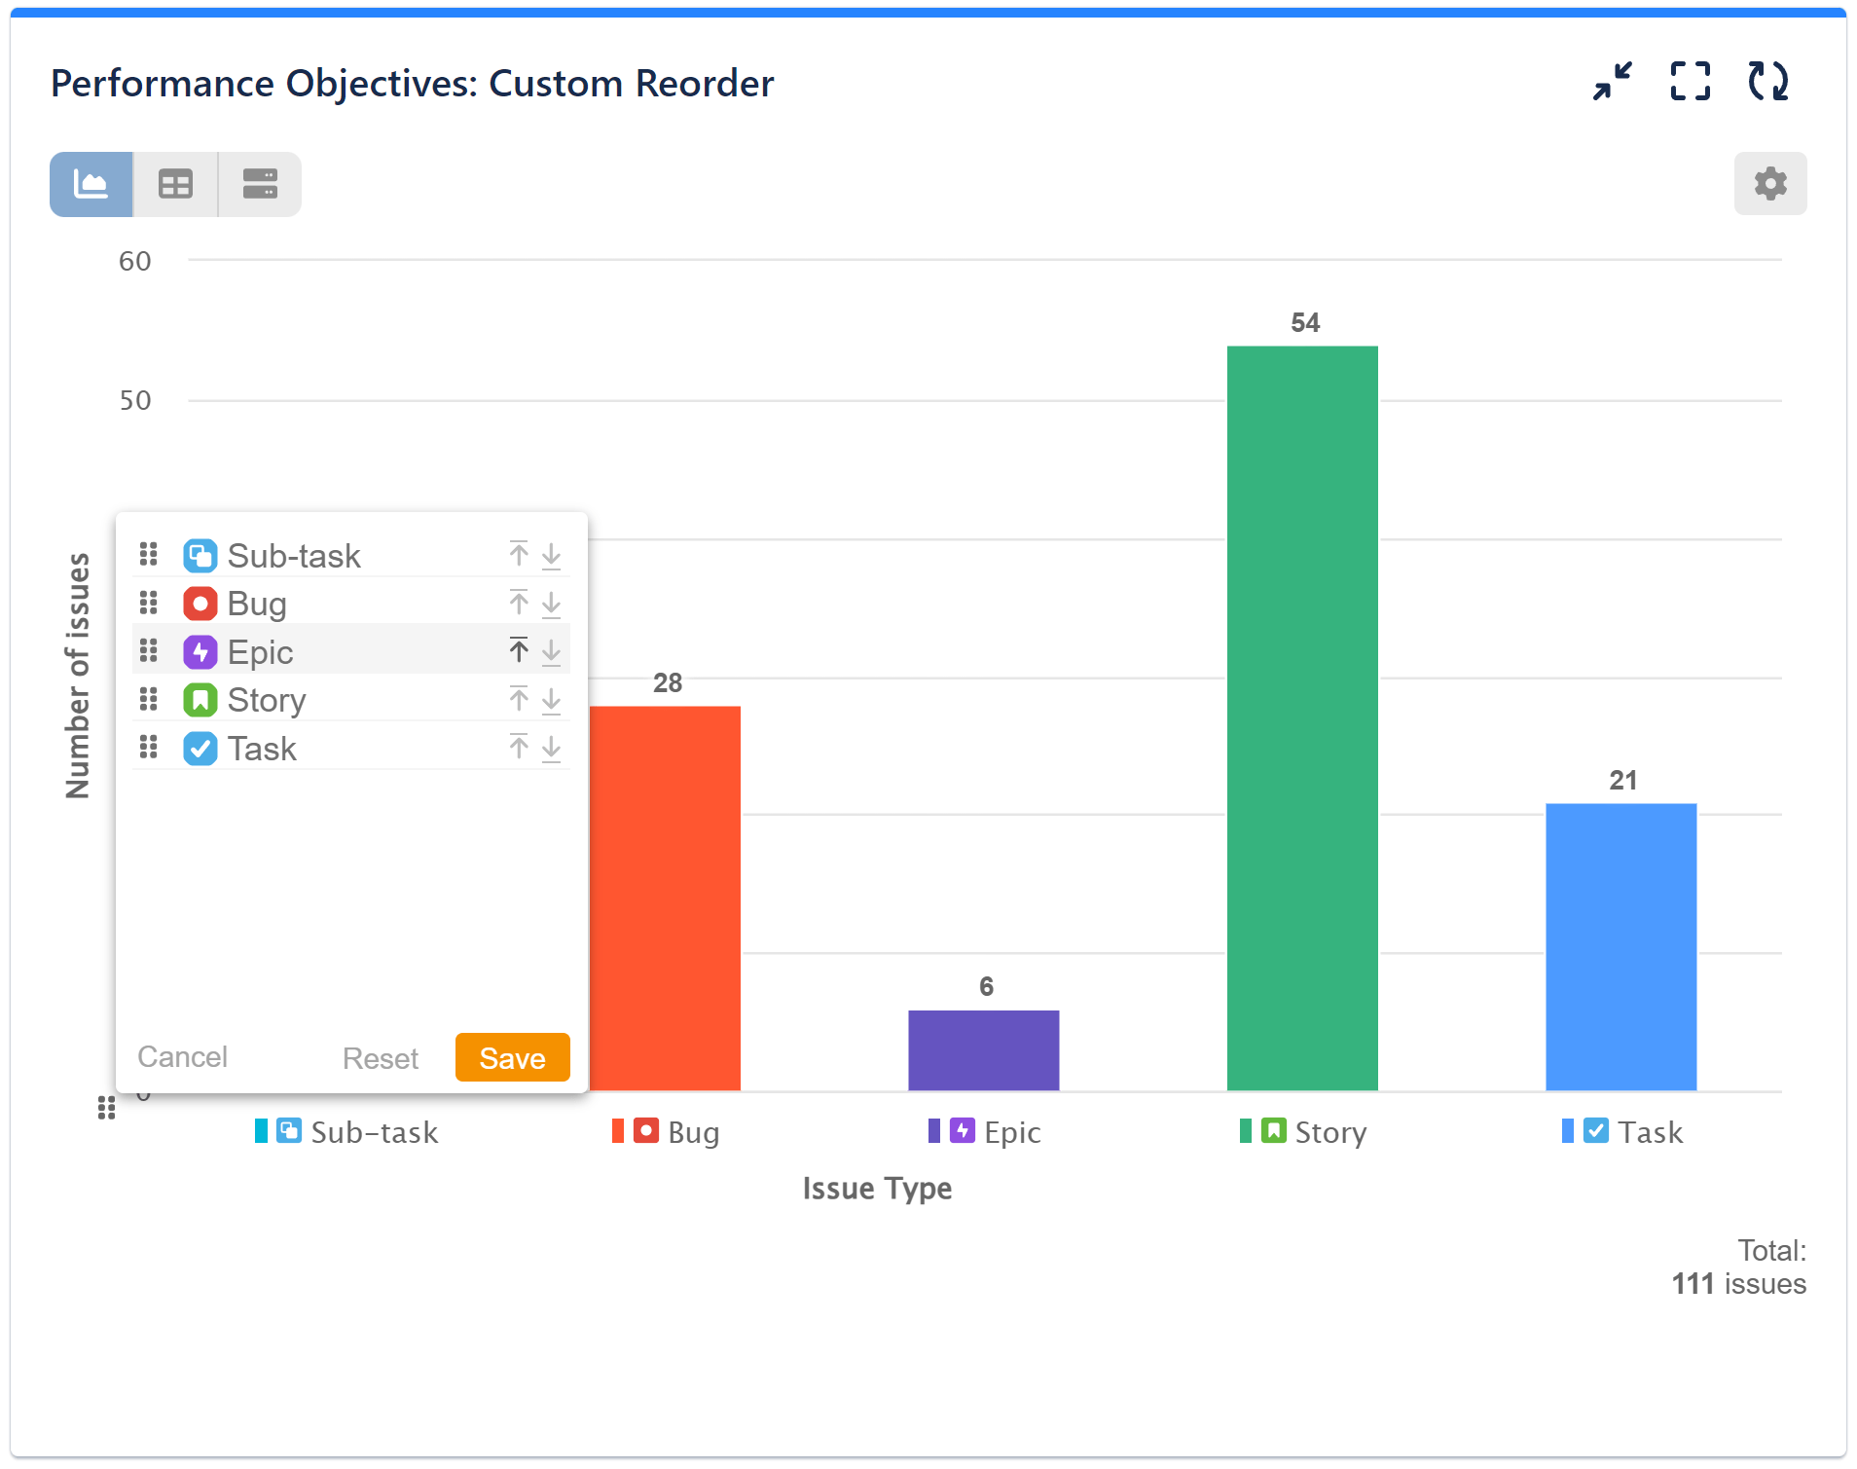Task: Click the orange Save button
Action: [x=512, y=1057]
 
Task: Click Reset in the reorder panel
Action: [x=380, y=1058]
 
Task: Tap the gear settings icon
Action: [x=1769, y=184]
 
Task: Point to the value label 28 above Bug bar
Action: [x=667, y=682]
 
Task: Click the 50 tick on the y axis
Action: [x=135, y=400]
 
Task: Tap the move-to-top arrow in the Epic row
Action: [x=519, y=650]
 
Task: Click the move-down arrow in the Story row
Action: [x=551, y=700]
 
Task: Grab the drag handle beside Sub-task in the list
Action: [x=148, y=555]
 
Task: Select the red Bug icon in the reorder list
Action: [x=200, y=604]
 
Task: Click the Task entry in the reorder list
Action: [x=262, y=749]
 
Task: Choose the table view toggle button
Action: [x=175, y=184]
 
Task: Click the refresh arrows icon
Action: [x=1767, y=82]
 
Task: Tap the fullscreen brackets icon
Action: [x=1690, y=82]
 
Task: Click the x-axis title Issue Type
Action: [x=877, y=1189]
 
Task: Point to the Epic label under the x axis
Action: [x=1011, y=1132]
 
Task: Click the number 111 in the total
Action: [x=1693, y=1284]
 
